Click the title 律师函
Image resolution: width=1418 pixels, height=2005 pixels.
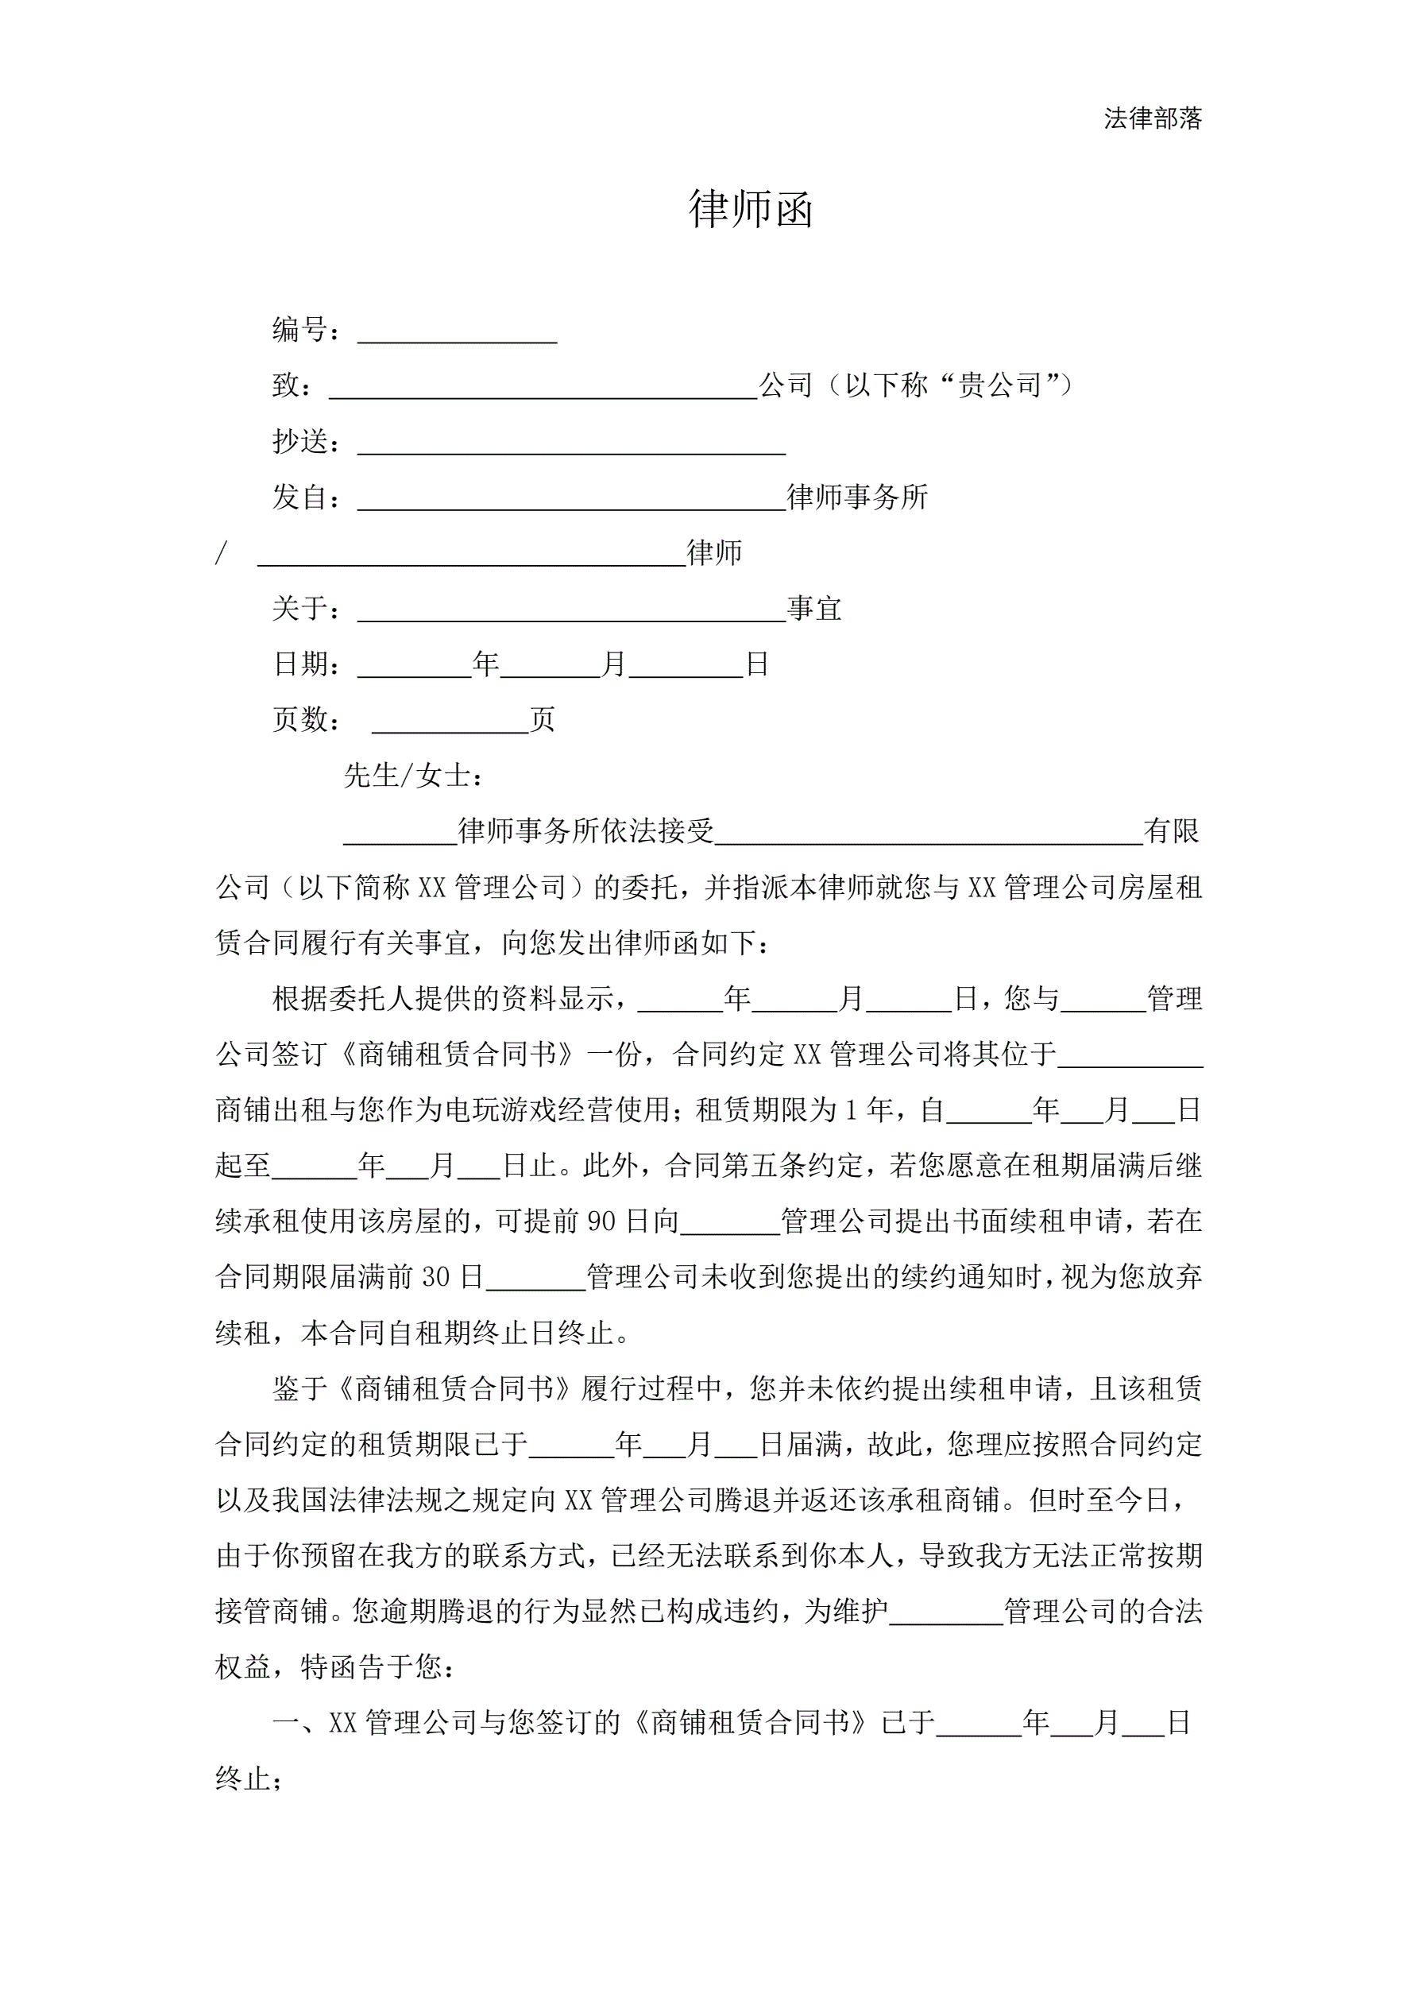coord(751,210)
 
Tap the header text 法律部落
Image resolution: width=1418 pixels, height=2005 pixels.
coord(1153,118)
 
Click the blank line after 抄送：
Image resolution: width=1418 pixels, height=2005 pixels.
coord(571,444)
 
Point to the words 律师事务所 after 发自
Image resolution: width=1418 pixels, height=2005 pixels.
coord(857,497)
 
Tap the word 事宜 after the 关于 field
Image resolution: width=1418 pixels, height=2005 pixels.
coord(814,609)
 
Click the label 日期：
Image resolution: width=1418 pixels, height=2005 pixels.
coord(307,664)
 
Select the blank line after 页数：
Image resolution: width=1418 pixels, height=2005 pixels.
coord(450,722)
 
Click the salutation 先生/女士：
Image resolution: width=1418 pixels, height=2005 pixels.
coord(413,776)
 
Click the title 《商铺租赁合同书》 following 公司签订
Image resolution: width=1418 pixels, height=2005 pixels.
coord(458,1054)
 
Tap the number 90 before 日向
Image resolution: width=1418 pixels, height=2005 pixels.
coord(601,1221)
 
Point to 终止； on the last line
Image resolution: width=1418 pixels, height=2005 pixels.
coord(249,1779)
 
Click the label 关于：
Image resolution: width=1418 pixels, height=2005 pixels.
coord(307,609)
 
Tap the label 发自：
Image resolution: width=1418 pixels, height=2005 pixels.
coord(307,497)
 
